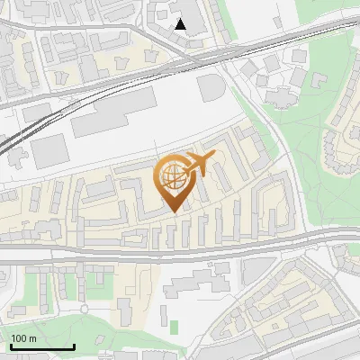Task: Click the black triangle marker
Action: (181, 24)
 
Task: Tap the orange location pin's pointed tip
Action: (175, 210)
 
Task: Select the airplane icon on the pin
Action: (201, 165)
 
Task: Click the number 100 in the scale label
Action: (20, 338)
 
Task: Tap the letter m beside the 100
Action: (33, 338)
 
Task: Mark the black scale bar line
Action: (41, 347)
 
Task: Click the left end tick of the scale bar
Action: (10, 346)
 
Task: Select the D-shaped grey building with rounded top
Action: (211, 87)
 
